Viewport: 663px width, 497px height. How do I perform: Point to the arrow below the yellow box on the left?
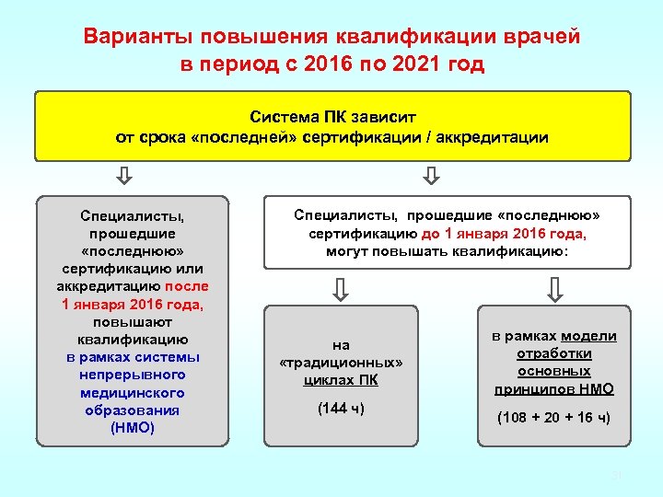tap(126, 175)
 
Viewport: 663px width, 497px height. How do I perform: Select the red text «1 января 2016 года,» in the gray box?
tap(132, 304)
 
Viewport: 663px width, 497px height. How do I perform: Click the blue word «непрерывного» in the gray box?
tap(132, 375)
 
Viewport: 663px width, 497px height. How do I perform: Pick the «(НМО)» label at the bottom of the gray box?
tap(132, 428)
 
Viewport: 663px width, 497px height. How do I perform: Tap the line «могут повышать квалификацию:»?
tap(448, 250)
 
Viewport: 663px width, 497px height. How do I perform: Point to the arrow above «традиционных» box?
tap(341, 290)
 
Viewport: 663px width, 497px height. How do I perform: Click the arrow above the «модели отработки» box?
tap(554, 290)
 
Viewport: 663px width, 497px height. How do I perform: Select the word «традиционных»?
tap(341, 363)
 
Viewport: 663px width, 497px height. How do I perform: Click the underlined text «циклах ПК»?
tap(341, 380)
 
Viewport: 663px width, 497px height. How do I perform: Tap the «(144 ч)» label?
tap(341, 408)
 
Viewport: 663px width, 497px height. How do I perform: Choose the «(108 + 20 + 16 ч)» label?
tap(553, 417)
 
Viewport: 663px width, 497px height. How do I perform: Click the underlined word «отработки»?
tap(553, 353)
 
